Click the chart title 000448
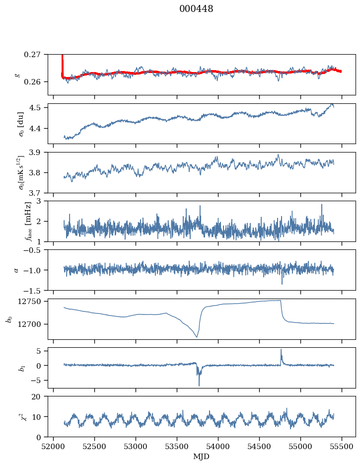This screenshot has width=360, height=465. coord(196,9)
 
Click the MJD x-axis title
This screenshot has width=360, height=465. coord(201,457)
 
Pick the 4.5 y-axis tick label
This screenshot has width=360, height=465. coord(39,107)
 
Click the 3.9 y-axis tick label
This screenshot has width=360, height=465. coord(39,152)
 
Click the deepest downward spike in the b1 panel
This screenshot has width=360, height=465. coord(199,386)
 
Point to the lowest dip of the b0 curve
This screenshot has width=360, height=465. coord(197,337)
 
